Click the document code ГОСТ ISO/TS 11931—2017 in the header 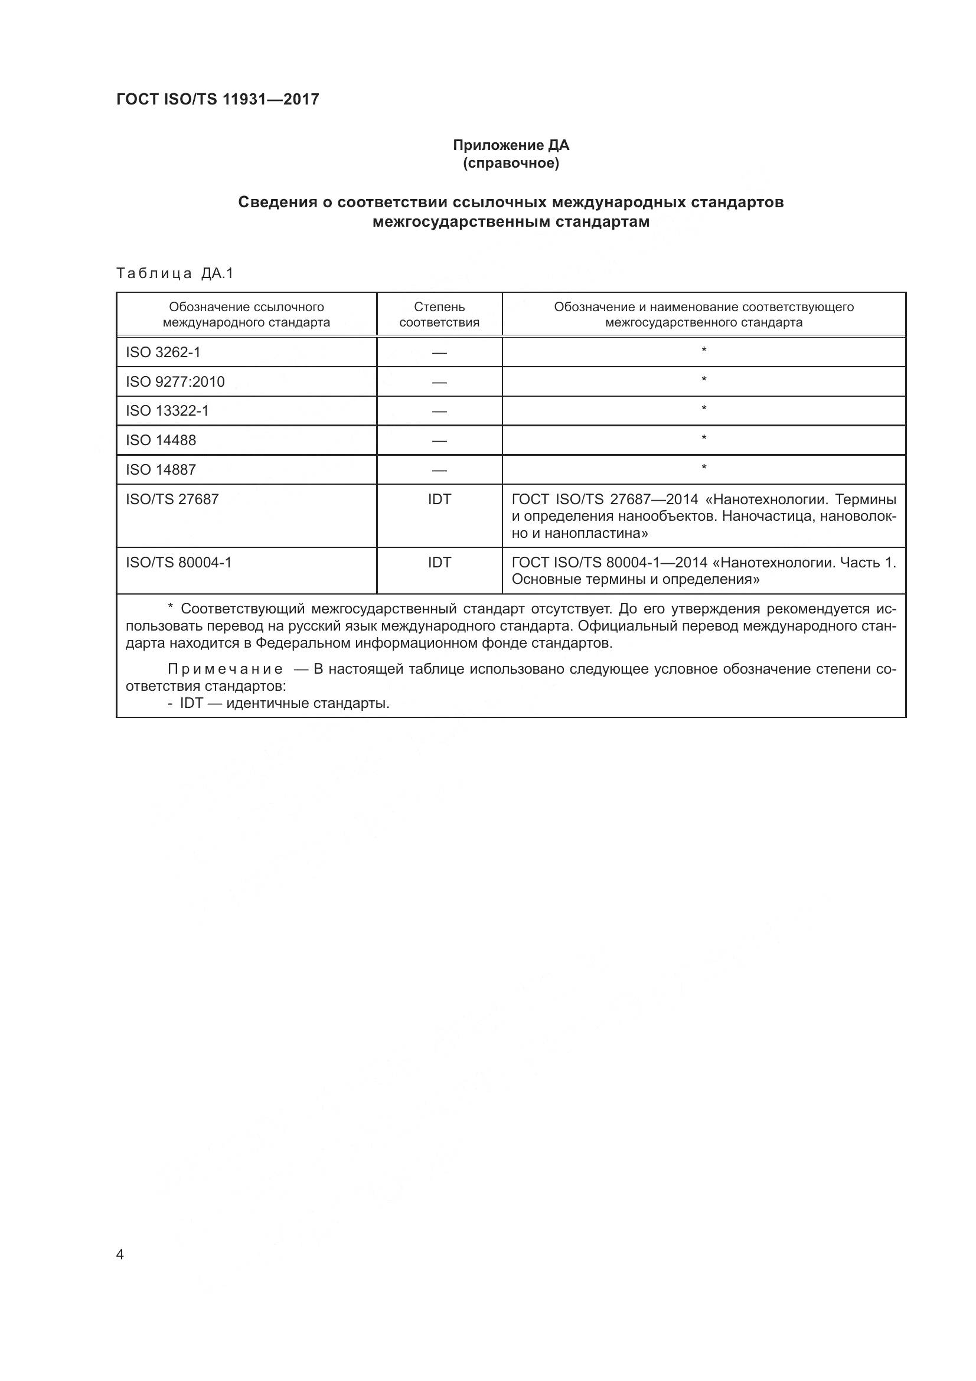pos(217,99)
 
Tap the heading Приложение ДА pos(511,146)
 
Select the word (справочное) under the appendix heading pos(511,164)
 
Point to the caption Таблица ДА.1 pos(174,274)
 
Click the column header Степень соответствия pos(439,315)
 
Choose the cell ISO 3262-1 pos(163,352)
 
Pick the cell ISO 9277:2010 pos(175,381)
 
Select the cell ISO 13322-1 pos(167,411)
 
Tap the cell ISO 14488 pos(161,440)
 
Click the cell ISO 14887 pos(161,470)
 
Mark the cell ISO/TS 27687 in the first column pos(172,499)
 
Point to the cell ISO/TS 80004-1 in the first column pos(178,563)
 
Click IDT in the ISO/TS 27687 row pos(439,499)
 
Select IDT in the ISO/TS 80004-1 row pos(439,563)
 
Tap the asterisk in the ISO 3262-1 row pos(704,350)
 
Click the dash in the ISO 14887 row pos(439,471)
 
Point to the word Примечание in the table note pos(226,670)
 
